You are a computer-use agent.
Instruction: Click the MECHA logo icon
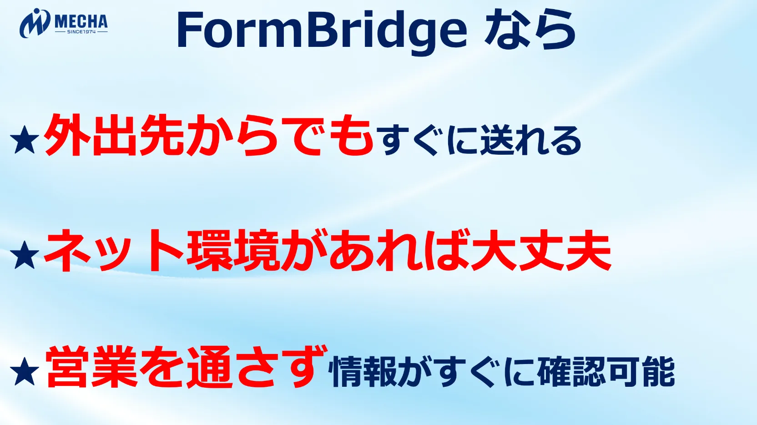point(35,23)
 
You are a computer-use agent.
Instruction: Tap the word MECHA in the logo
point(81,22)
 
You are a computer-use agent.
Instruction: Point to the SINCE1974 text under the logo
point(81,32)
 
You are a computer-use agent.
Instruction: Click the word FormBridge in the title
point(322,31)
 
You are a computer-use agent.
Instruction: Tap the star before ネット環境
point(25,255)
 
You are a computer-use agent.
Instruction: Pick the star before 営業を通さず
point(25,371)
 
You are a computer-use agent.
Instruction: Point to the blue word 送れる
point(530,140)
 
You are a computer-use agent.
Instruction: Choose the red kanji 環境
point(233,251)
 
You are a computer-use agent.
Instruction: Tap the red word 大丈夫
point(541,251)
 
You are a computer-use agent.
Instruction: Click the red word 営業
point(91,367)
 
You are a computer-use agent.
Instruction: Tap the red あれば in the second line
point(399,251)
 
